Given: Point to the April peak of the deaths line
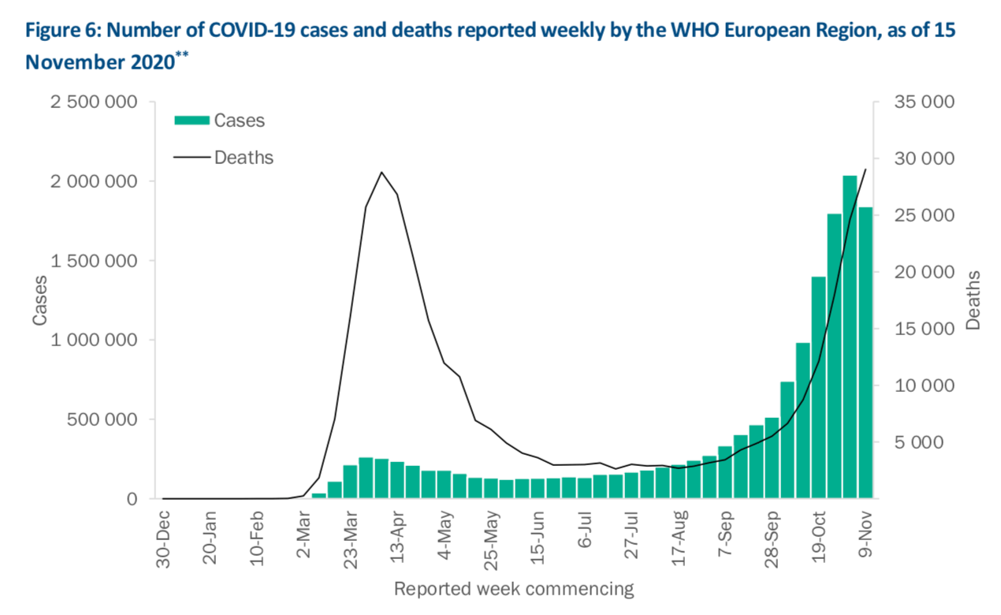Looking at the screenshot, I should pos(381,172).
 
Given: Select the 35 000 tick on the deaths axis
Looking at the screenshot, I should pos(924,102).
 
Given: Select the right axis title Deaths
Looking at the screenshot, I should pos(974,300).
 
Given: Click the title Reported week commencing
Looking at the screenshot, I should pos(513,588).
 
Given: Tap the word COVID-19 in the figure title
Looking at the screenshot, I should pos(247,32).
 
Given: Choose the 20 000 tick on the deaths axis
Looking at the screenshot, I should pos(924,273).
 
